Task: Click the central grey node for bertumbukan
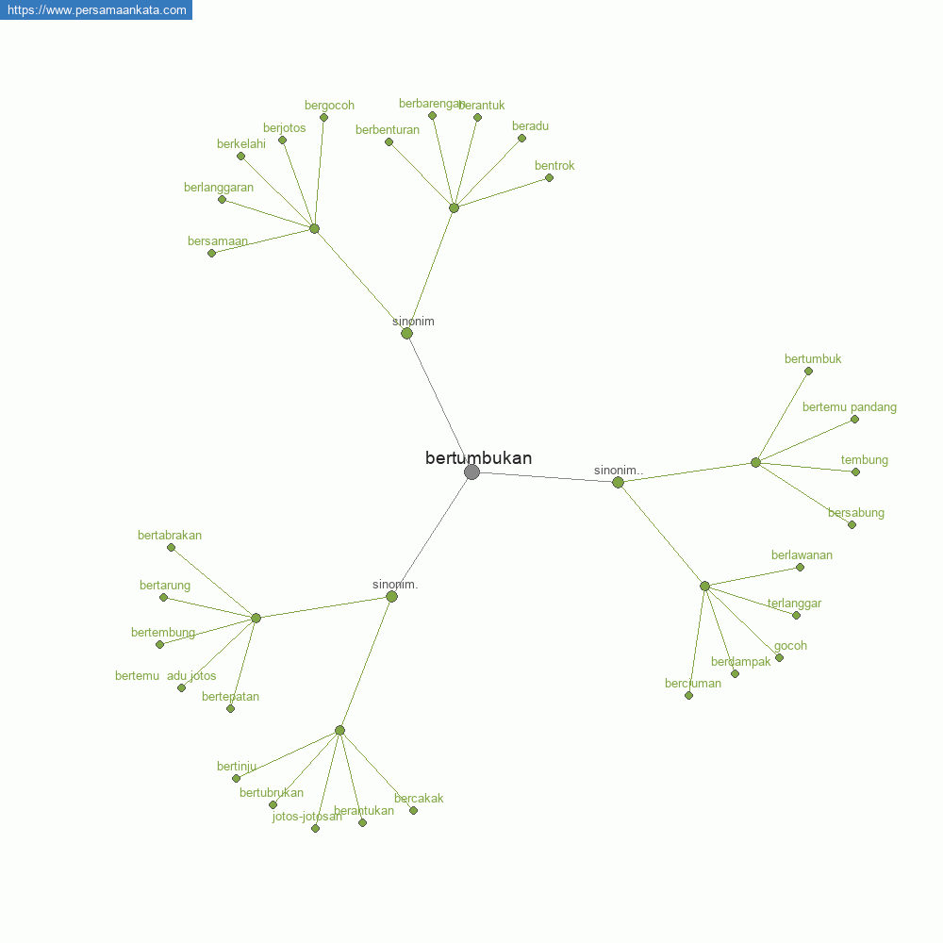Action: (471, 471)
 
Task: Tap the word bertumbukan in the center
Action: (478, 458)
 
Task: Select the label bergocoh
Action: (329, 106)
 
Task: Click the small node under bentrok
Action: (549, 177)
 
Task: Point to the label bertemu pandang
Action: (849, 407)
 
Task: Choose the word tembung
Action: (864, 460)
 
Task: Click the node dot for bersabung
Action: (852, 524)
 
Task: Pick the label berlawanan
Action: (802, 555)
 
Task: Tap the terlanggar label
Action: (794, 604)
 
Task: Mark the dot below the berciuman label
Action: (688, 695)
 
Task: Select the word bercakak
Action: (419, 799)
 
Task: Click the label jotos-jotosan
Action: (306, 817)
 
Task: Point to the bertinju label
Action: (237, 767)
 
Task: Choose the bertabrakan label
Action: (170, 536)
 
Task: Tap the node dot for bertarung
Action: (163, 597)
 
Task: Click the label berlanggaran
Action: (219, 188)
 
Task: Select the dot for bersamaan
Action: (211, 253)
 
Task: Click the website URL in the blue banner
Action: (96, 10)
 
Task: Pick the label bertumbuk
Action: (813, 359)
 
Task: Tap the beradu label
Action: (530, 126)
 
